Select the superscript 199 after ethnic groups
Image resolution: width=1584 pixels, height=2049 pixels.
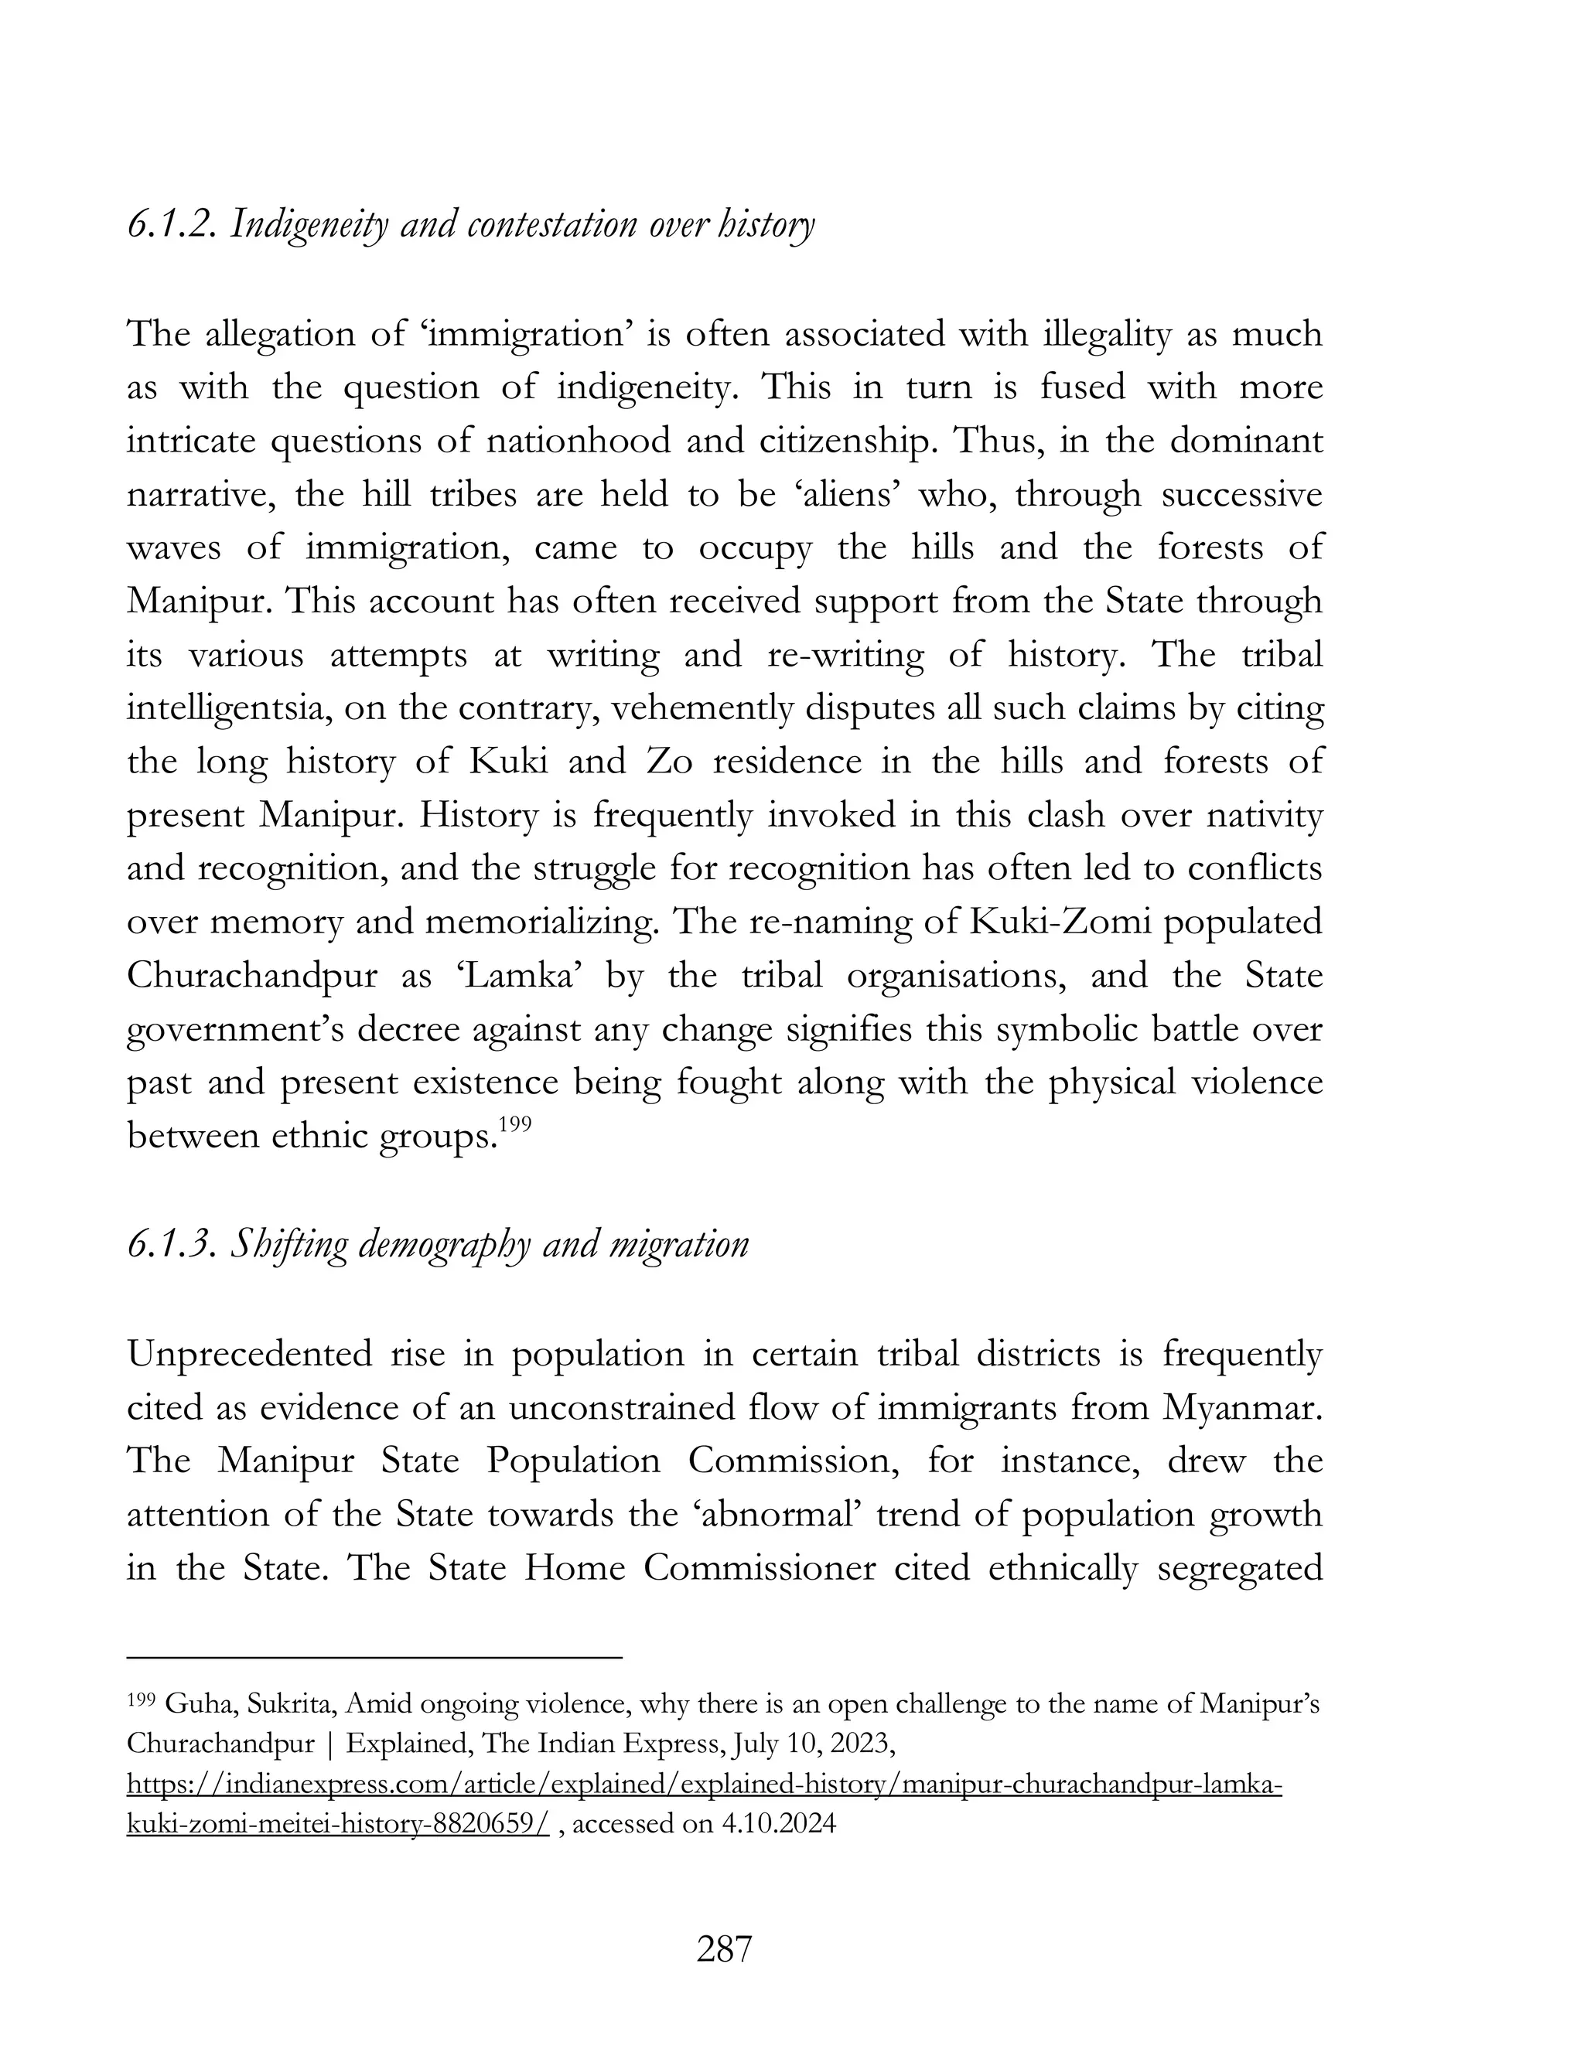coord(516,1124)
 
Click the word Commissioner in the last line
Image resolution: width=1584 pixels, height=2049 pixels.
coord(758,1569)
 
